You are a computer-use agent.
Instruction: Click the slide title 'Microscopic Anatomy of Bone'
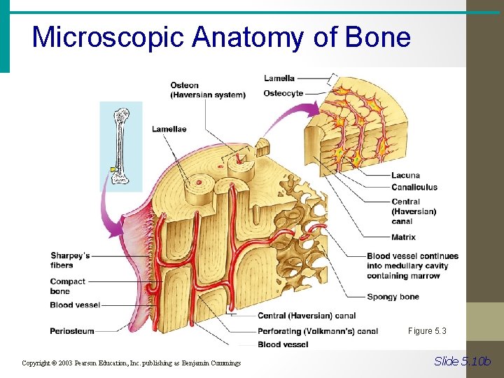click(221, 37)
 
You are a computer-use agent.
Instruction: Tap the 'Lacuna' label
click(405, 175)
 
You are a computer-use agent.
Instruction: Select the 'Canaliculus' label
click(414, 187)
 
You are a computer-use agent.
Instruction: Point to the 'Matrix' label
click(403, 237)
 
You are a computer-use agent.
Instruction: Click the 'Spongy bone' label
click(393, 297)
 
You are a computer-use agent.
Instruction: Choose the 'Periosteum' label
click(72, 330)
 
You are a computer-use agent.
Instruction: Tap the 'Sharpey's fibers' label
click(70, 260)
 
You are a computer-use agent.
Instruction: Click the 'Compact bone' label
click(68, 286)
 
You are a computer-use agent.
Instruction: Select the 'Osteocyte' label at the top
click(283, 93)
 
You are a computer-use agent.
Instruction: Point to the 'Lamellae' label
click(169, 129)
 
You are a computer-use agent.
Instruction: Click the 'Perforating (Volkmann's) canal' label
click(318, 331)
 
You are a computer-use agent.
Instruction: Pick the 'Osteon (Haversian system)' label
click(208, 90)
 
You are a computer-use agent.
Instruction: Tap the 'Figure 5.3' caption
click(426, 331)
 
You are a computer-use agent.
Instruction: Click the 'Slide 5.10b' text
click(463, 361)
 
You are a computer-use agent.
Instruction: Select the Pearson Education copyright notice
click(131, 363)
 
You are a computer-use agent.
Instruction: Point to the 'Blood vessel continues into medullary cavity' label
click(412, 265)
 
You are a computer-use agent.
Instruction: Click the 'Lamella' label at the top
click(279, 78)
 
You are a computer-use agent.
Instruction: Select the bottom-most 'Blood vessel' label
click(283, 344)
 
